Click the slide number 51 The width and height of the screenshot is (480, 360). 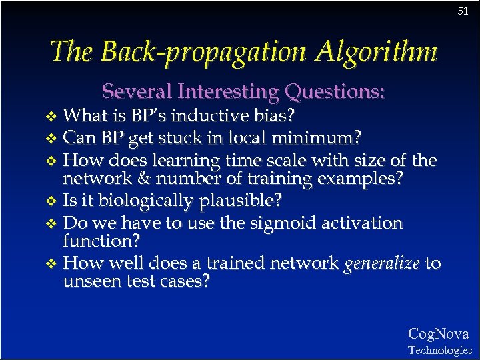click(x=463, y=11)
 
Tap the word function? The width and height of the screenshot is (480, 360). click(x=97, y=240)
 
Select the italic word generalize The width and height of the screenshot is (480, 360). click(x=381, y=263)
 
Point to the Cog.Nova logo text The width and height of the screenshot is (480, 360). click(x=438, y=334)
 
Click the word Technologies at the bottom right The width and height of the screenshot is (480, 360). click(x=439, y=350)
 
